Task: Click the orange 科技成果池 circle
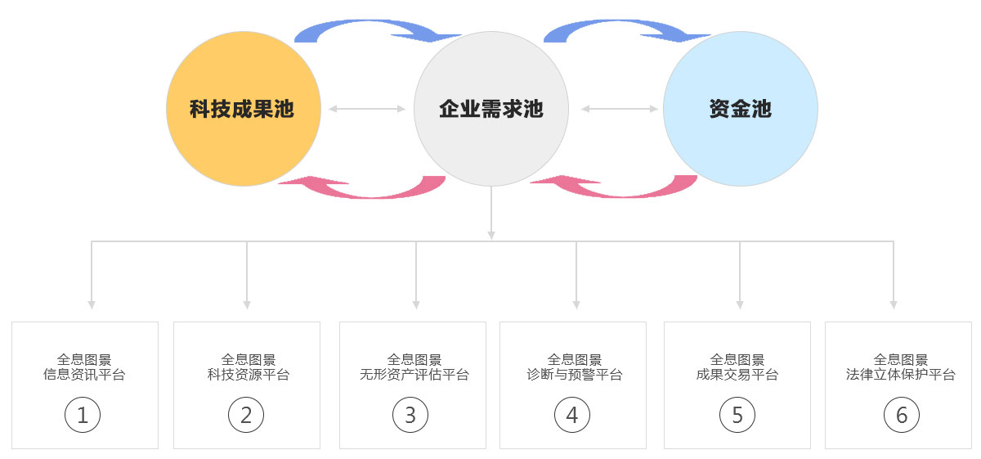(x=244, y=109)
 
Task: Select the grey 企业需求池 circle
(x=491, y=109)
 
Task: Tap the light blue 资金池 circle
(x=741, y=109)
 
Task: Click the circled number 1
(x=83, y=415)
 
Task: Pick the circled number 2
(x=246, y=415)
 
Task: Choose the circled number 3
(x=410, y=415)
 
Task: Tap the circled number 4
(x=572, y=415)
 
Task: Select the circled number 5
(x=737, y=415)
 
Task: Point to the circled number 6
(x=902, y=415)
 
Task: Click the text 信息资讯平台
(x=84, y=375)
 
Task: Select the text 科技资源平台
(x=249, y=375)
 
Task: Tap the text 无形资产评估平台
(x=414, y=375)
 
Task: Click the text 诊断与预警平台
(x=575, y=375)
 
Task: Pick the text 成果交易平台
(x=737, y=375)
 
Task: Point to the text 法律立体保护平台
(x=900, y=375)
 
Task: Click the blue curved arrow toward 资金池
(x=622, y=23)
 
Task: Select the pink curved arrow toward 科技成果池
(x=368, y=194)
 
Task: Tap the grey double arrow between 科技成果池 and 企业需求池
(x=367, y=109)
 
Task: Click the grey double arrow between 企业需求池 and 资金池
(x=620, y=109)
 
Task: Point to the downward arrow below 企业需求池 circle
(x=491, y=213)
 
